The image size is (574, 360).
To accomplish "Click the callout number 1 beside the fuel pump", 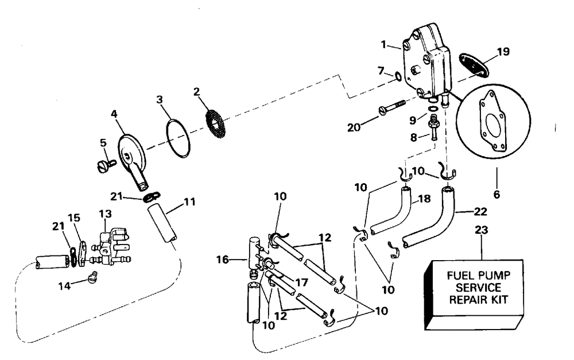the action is pos(383,45).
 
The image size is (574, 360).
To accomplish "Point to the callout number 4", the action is pos(114,114).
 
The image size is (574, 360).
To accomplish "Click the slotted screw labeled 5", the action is pos(106,164).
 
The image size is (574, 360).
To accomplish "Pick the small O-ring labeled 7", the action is pos(397,77).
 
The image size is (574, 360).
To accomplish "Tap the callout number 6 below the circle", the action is pos(497,193).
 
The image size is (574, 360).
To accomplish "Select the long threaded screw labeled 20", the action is pos(391,107).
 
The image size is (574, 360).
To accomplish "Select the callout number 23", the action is pos(482,230).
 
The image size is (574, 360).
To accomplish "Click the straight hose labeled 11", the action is pos(163,224).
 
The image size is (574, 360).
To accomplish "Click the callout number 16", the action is pos(223,260).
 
